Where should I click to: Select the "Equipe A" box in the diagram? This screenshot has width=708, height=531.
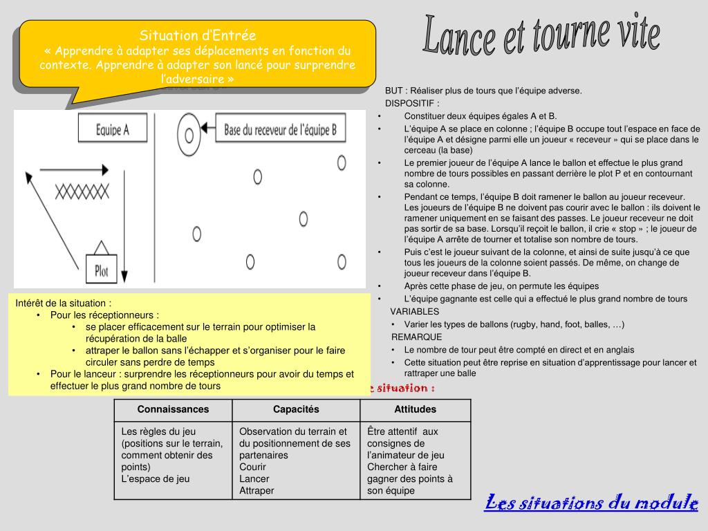[113, 130]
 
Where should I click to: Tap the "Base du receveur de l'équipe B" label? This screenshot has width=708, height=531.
[280, 129]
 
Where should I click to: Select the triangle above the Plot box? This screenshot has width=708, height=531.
[101, 248]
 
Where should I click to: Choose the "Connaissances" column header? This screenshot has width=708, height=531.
[173, 409]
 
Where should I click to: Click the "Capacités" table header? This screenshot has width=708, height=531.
[296, 409]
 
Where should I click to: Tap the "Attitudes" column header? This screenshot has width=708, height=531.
[415, 409]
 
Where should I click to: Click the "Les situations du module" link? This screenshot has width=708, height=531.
[591, 503]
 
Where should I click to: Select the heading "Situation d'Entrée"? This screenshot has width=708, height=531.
[198, 35]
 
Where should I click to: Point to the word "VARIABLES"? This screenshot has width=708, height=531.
[415, 312]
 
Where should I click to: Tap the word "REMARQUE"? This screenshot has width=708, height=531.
[416, 337]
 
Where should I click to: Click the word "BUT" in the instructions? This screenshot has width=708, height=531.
[394, 91]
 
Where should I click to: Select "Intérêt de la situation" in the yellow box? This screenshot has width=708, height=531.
[62, 303]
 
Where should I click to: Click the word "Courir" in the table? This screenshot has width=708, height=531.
[253, 467]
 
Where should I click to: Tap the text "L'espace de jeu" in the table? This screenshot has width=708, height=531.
[156, 478]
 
